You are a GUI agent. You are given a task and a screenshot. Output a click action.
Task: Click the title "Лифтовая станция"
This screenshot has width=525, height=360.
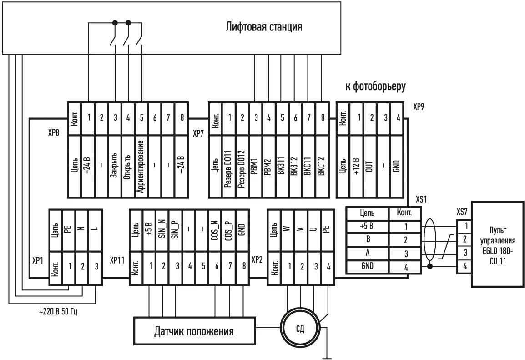point(264,27)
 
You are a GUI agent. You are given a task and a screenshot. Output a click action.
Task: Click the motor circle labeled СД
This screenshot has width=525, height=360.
point(300,329)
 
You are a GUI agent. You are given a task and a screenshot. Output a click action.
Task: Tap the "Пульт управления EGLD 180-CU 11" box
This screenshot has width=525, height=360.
point(497,244)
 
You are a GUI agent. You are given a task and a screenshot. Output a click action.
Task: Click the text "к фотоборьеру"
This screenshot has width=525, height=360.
point(375,86)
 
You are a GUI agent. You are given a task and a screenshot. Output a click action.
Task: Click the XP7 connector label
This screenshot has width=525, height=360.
point(199,134)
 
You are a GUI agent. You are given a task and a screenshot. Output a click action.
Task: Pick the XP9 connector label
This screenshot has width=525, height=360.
point(419,107)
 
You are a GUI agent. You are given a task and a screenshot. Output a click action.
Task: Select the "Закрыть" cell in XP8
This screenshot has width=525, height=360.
point(115,166)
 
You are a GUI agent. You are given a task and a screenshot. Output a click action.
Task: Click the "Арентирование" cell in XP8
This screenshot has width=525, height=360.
point(141,166)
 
